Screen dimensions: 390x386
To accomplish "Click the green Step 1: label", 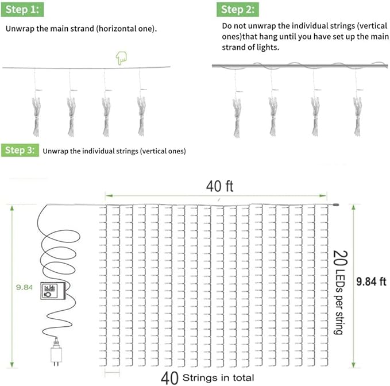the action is click(22, 10).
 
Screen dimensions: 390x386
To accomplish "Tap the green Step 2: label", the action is click(238, 10).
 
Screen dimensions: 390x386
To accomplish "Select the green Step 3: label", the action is click(20, 150).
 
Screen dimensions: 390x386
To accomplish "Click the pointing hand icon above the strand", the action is click(121, 58).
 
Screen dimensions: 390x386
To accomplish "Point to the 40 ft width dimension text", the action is click(219, 186).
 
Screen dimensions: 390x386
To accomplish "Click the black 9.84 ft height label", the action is click(371, 281).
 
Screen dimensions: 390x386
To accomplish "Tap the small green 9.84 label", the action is click(24, 287).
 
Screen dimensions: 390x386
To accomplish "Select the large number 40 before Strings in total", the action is click(169, 378).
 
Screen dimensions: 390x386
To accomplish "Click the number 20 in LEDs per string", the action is click(341, 258).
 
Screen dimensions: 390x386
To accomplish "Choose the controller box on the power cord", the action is click(53, 291).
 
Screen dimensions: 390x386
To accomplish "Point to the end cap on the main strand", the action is click(335, 205).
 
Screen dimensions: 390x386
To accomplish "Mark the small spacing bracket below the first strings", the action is click(112, 373).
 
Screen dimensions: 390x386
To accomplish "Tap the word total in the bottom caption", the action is click(244, 378).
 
